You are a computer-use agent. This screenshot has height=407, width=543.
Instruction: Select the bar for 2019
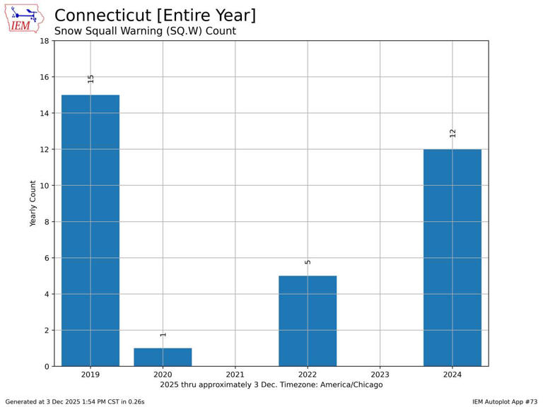(90, 230)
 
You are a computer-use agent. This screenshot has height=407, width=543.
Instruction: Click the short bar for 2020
(163, 357)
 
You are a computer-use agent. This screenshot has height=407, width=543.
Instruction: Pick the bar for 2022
(308, 321)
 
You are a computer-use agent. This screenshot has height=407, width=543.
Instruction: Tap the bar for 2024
(452, 258)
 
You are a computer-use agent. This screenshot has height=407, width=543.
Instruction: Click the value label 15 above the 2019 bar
(90, 79)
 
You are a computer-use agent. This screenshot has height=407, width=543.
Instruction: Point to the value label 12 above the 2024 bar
(452, 134)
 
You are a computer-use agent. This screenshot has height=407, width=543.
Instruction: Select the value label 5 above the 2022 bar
(308, 262)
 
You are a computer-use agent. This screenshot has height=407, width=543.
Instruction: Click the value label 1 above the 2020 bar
(163, 335)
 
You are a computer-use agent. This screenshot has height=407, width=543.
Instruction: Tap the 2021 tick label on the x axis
(235, 374)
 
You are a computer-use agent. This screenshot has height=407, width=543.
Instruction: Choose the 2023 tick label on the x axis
(380, 374)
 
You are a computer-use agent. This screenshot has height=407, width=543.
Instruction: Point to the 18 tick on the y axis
(45, 41)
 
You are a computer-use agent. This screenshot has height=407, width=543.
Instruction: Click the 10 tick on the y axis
(45, 186)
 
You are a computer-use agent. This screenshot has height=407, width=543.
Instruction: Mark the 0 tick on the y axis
(47, 367)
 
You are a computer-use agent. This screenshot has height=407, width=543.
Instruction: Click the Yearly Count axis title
(33, 203)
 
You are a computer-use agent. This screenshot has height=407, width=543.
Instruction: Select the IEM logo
(24, 18)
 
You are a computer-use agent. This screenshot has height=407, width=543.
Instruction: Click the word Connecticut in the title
(103, 16)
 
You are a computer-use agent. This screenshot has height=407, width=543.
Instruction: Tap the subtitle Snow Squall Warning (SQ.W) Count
(145, 31)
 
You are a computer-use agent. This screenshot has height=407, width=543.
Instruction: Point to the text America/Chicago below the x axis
(351, 385)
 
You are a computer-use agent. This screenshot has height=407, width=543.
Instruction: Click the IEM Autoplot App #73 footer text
(505, 402)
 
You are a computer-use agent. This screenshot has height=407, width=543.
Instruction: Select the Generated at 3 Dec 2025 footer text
(75, 402)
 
